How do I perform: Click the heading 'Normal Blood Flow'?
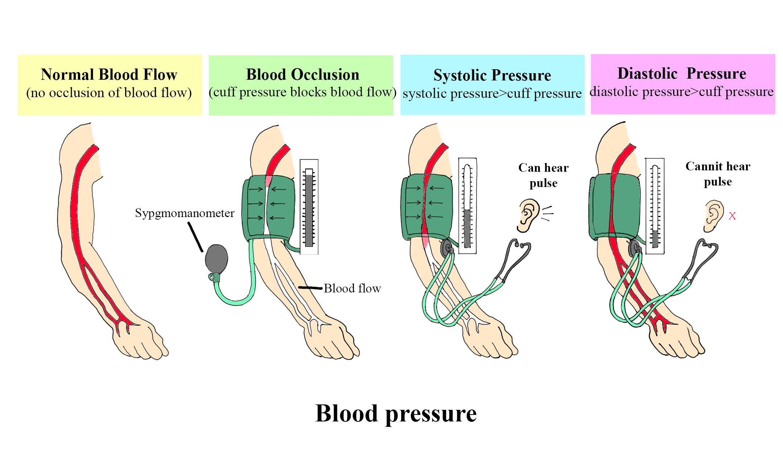coord(109,75)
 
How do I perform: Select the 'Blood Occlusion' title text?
coord(302,75)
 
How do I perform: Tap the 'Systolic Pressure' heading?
coord(492,75)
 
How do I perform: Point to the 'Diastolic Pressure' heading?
coord(682,74)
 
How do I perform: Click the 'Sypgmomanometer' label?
coord(185,213)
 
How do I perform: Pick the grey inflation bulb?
coord(217,259)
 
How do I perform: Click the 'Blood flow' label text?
coord(352,288)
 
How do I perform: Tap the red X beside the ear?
coord(732,216)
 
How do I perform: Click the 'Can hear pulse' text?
coord(543,175)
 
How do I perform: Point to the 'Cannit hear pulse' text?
coord(718,174)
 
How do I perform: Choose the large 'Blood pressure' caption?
coord(396,413)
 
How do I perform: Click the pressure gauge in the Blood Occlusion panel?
coord(309,207)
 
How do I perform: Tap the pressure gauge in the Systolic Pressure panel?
coord(467,205)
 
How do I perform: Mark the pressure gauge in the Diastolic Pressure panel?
coord(655,205)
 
